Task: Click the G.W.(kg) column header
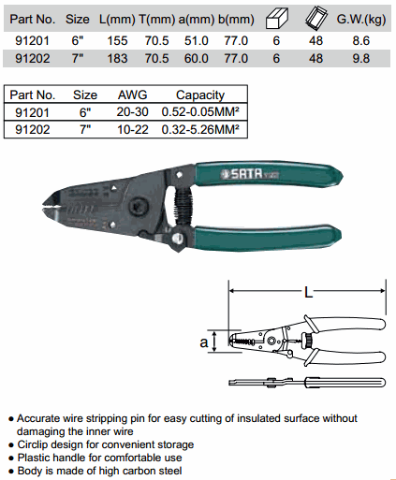361,20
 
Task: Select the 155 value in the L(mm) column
117,41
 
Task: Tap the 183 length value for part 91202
117,59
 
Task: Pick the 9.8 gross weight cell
361,59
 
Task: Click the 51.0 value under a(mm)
197,41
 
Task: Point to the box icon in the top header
277,19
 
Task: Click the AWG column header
132,95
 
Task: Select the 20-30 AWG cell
132,111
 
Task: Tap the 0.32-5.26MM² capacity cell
200,129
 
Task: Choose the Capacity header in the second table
200,95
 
